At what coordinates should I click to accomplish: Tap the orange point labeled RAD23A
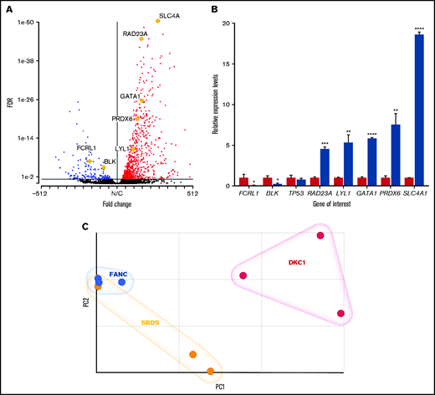pyautogui.click(x=141, y=39)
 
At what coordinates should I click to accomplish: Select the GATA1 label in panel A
pyautogui.click(x=130, y=96)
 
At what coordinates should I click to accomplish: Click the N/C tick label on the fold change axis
pyautogui.click(x=117, y=191)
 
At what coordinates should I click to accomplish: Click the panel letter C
pyautogui.click(x=86, y=226)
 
